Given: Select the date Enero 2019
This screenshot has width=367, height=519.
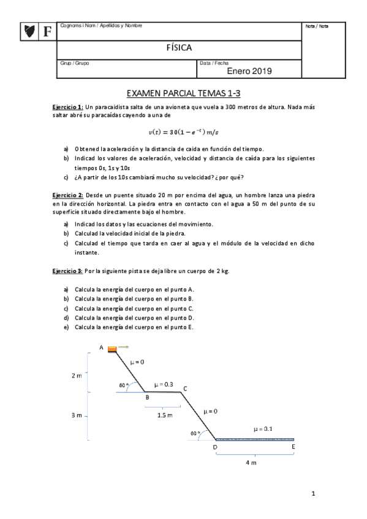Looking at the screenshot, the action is (x=249, y=72).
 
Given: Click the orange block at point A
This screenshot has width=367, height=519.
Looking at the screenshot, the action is (x=113, y=349).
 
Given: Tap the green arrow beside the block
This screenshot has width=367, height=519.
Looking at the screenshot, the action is (x=123, y=348).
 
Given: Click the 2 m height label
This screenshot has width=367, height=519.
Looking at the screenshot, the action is (x=76, y=376).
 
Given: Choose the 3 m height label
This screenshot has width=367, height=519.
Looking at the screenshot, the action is (x=76, y=416).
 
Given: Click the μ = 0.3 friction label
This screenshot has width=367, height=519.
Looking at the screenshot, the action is (x=164, y=384).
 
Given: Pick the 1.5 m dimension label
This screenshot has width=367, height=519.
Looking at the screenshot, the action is (x=165, y=415).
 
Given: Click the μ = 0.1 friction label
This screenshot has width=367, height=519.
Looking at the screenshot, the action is (x=263, y=429).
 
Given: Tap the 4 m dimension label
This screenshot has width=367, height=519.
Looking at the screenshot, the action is (x=251, y=463).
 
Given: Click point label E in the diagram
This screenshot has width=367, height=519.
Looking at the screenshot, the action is (x=293, y=447).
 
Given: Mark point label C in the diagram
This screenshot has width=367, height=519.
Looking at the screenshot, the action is (x=184, y=389).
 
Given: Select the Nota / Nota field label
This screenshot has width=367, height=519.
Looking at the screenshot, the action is (x=317, y=26).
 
